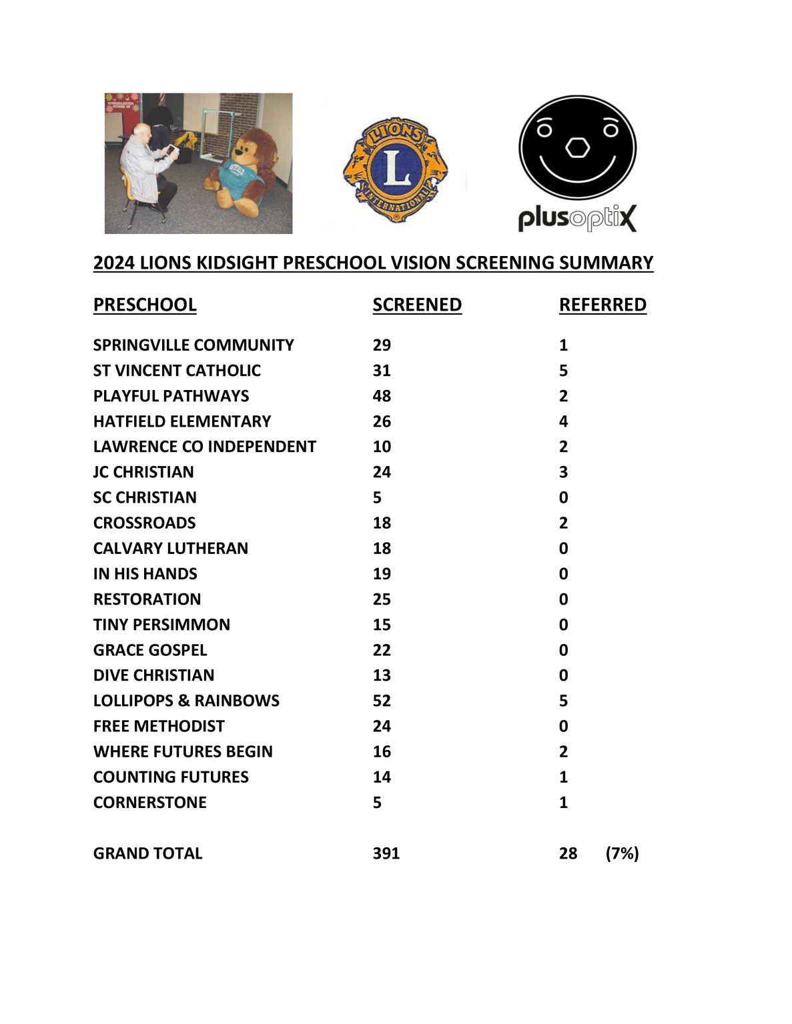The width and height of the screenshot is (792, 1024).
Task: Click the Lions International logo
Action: (395, 171)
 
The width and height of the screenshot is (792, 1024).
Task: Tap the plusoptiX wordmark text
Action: (577, 218)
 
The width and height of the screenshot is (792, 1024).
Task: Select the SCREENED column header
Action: (417, 305)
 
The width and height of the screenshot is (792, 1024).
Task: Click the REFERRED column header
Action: (603, 305)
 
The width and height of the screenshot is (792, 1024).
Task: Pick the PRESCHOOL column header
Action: (145, 305)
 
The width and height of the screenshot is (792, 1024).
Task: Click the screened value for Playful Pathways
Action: (382, 396)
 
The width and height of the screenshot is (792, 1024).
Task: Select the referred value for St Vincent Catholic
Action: (563, 371)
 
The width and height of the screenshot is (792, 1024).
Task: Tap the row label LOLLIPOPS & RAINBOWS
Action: (186, 701)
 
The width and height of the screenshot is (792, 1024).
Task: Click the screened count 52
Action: (382, 701)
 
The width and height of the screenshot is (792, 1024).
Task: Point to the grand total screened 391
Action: (386, 853)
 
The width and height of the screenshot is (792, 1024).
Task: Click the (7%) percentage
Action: (622, 853)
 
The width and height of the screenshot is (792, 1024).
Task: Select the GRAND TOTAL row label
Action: (147, 853)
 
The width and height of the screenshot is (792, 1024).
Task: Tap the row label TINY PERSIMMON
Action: (161, 625)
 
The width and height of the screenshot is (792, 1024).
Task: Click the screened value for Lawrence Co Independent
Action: (382, 447)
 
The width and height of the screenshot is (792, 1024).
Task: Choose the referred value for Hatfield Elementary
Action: (563, 421)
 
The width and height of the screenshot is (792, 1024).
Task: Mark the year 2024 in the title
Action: (113, 263)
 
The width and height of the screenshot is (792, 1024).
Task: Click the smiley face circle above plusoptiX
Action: (577, 148)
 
